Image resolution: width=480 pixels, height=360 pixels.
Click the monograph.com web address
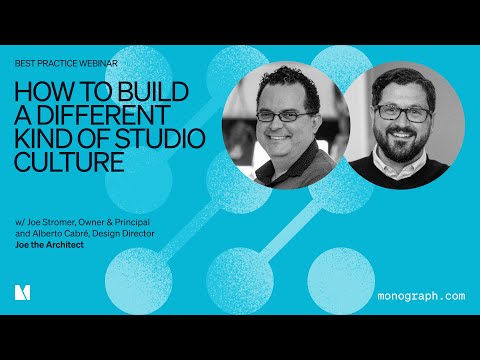422,296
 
